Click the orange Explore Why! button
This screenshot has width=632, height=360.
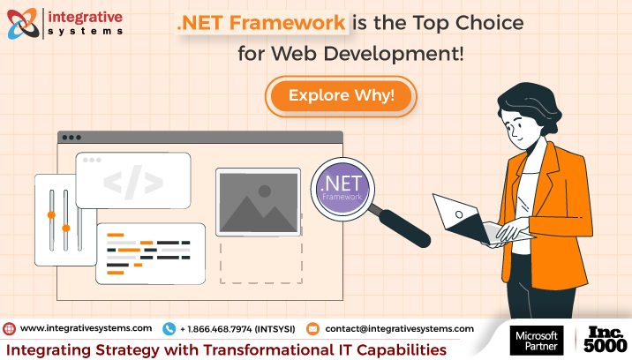pos(341,95)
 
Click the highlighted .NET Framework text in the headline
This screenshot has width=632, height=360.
pos(260,24)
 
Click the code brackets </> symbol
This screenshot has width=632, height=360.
pos(132,182)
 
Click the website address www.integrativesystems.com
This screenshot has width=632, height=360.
pos(86,328)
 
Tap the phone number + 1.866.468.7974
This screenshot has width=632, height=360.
pos(237,328)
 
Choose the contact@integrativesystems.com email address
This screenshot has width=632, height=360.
pos(399,328)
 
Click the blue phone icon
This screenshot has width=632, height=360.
pos(169,328)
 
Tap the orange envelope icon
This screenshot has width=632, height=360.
pos(312,328)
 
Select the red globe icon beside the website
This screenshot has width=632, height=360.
pos(10,328)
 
